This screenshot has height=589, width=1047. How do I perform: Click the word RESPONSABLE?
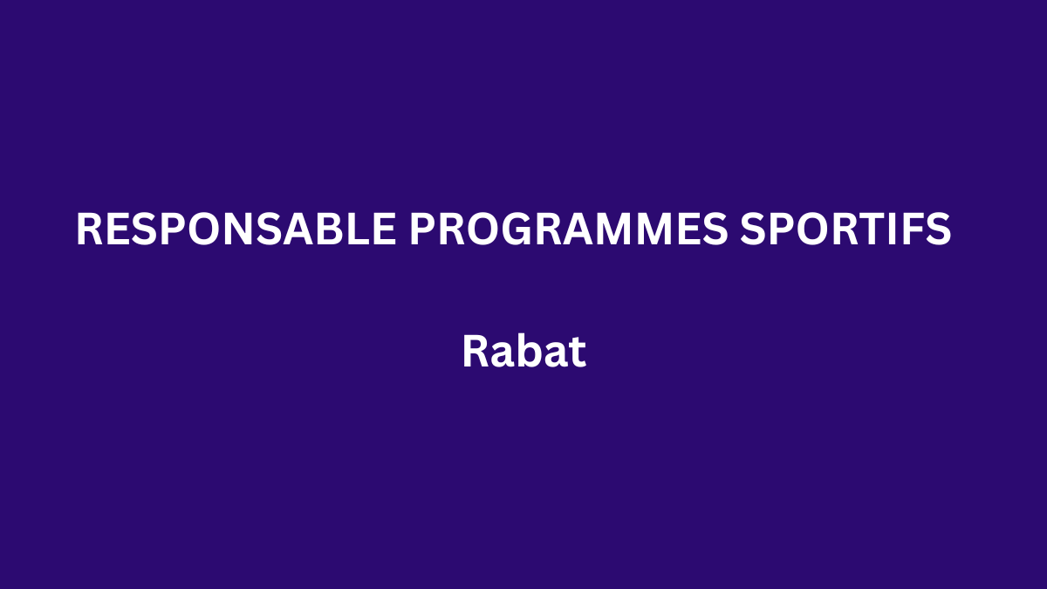(x=236, y=229)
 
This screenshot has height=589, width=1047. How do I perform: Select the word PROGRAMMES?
(x=568, y=229)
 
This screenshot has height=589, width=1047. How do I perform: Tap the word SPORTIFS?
(x=845, y=229)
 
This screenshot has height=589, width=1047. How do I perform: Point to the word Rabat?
(x=524, y=351)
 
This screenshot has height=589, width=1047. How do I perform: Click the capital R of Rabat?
(x=476, y=351)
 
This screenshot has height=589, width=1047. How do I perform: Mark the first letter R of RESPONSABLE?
(x=90, y=229)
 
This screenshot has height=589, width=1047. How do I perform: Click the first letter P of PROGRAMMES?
(x=422, y=229)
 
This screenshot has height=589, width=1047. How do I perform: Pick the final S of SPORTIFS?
(x=939, y=229)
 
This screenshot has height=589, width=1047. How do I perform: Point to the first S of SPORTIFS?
(x=752, y=229)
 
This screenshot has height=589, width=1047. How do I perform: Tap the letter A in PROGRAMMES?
(x=579, y=229)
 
